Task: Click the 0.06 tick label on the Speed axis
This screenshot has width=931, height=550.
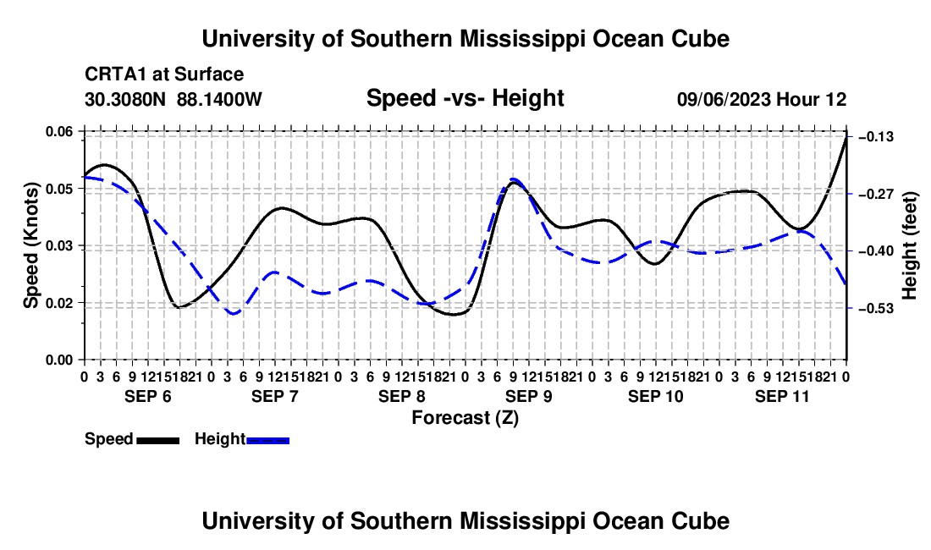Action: pyautogui.click(x=58, y=131)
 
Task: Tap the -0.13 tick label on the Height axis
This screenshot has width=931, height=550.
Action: pyautogui.click(x=876, y=137)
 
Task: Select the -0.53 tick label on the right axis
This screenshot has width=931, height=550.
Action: pyautogui.click(x=876, y=309)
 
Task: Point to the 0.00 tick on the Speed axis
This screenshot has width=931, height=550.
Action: pyautogui.click(x=58, y=360)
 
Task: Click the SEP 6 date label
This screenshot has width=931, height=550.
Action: pyautogui.click(x=148, y=396)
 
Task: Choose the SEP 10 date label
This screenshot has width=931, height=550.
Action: pyautogui.click(x=655, y=396)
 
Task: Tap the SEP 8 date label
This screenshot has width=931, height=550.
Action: pyautogui.click(x=402, y=396)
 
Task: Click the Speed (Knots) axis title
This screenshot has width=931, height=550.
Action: pyautogui.click(x=30, y=245)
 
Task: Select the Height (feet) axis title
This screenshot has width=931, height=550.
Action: pyautogui.click(x=909, y=245)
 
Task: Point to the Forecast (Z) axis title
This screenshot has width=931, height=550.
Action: pyautogui.click(x=465, y=418)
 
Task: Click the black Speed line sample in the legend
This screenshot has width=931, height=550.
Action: pyautogui.click(x=158, y=440)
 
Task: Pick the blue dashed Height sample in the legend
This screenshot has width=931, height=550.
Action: pyautogui.click(x=267, y=440)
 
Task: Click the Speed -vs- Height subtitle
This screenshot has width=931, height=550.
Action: pyautogui.click(x=465, y=98)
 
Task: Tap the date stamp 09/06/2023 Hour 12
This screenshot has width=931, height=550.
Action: pyautogui.click(x=762, y=99)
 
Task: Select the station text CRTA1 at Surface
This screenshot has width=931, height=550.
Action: pyautogui.click(x=164, y=74)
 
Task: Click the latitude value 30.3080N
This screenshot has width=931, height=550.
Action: pyautogui.click(x=125, y=99)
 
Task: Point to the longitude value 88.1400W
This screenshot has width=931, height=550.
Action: pyautogui.click(x=219, y=99)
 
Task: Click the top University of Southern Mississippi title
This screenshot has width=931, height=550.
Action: pyautogui.click(x=465, y=39)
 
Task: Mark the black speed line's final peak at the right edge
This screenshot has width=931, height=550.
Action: pyautogui.click(x=846, y=137)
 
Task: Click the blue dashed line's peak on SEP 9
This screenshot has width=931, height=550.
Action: pyautogui.click(x=515, y=179)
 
